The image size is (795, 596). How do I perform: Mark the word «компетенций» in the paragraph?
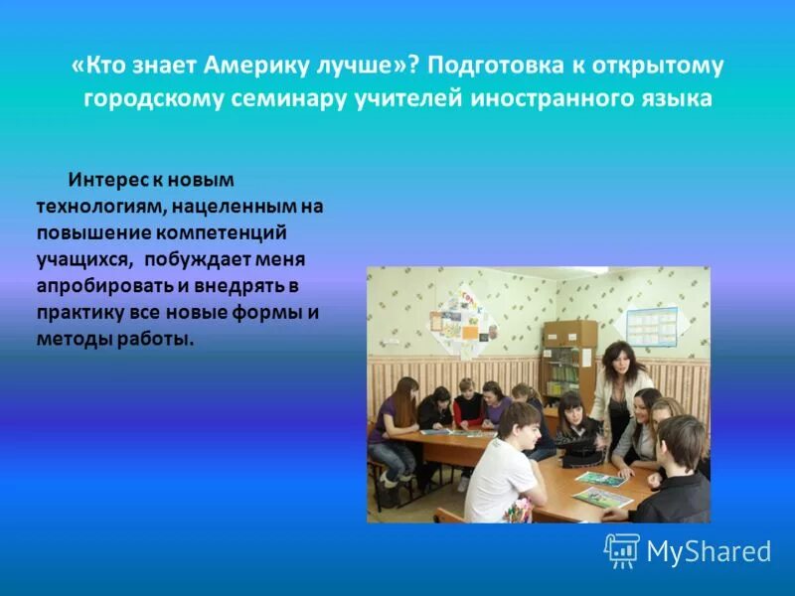(221, 232)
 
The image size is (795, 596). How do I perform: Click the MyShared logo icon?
(621, 550)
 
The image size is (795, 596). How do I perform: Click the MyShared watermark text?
(709, 551)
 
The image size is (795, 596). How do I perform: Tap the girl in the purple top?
(392, 417)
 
